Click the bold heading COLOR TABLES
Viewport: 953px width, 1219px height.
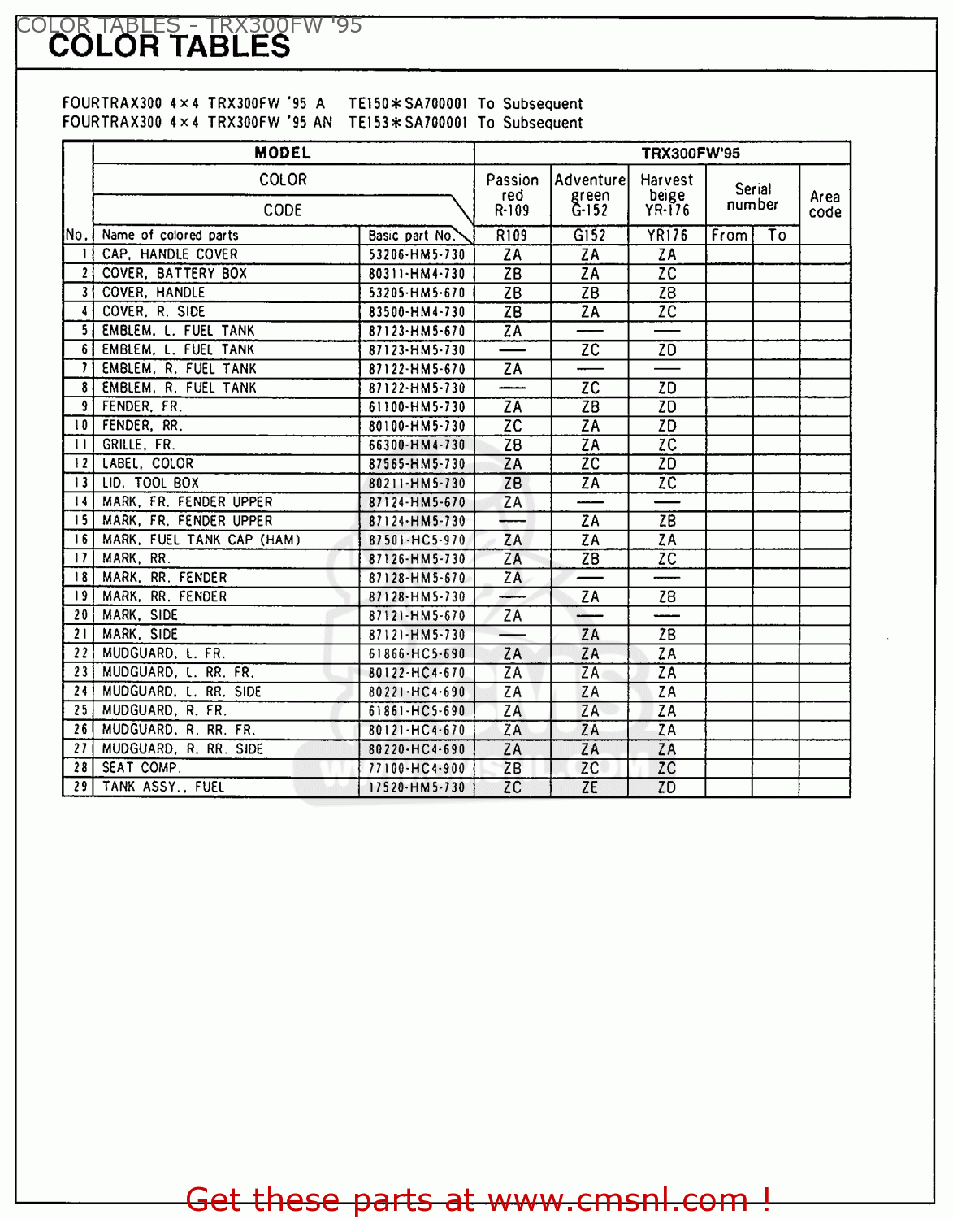click(169, 47)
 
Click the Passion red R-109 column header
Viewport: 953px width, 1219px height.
click(512, 195)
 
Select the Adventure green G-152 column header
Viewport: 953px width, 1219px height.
click(590, 195)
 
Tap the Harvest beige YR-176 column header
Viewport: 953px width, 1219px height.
click(667, 195)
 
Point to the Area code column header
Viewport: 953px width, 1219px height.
click(825, 204)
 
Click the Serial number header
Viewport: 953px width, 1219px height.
click(752, 197)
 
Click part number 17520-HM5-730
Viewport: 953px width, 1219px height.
click(417, 787)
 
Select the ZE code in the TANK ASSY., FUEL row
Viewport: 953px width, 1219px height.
click(590, 787)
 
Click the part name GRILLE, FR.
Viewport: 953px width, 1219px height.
click(138, 445)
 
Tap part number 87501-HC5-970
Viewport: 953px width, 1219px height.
click(417, 540)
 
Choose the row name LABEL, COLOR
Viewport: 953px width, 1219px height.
click(148, 464)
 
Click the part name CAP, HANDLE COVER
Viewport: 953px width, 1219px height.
click(170, 254)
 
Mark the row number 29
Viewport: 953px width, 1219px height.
click(80, 787)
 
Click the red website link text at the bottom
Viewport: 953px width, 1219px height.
click(478, 1199)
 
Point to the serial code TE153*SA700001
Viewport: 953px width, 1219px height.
click(408, 123)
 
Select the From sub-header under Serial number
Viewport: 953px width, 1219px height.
click(729, 236)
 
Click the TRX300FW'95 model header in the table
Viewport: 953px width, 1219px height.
click(690, 154)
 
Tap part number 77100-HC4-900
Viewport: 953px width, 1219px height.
click(417, 768)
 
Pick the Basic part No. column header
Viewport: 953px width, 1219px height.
click(411, 236)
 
